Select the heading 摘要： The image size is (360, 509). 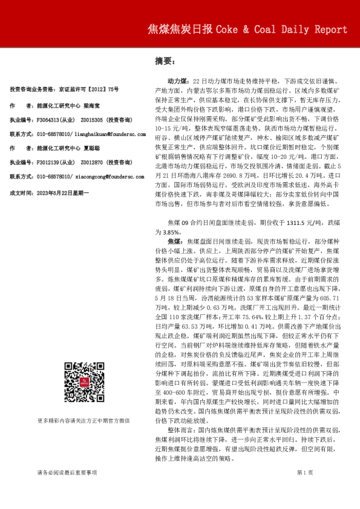pyautogui.click(x=165, y=61)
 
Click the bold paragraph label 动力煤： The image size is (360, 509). pyautogui.click(x=179, y=80)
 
